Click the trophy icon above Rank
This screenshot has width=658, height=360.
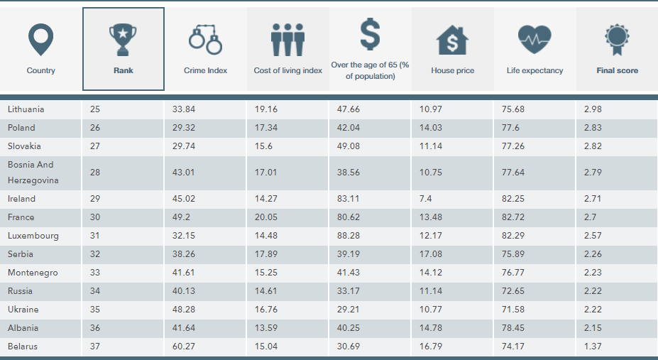(123, 40)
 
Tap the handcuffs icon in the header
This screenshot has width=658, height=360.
(205, 40)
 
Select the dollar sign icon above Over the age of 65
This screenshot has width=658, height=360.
(370, 33)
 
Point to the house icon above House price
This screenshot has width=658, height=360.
(452, 40)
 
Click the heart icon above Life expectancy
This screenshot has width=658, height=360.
(534, 40)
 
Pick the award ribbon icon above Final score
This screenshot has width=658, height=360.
(617, 38)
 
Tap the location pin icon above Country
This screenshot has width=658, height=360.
(40, 40)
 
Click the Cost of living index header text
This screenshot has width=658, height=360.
(287, 71)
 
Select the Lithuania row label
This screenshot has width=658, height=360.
(26, 109)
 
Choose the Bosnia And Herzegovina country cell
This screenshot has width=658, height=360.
(31, 173)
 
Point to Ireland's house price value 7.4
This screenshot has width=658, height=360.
(426, 199)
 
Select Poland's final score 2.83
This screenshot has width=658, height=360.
(591, 128)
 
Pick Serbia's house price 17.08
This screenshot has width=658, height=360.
(431, 254)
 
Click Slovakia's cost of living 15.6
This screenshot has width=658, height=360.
(263, 146)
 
